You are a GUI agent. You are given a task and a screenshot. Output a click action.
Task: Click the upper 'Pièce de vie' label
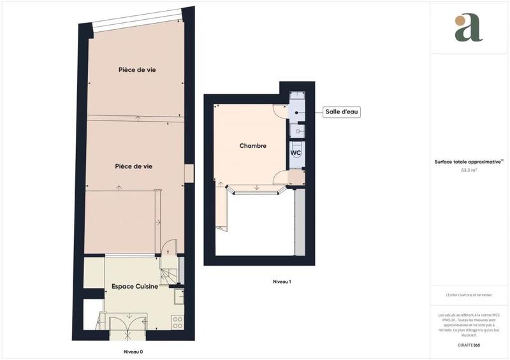click(x=137, y=70)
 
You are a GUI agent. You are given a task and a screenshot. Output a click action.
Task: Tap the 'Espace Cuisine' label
click(x=135, y=287)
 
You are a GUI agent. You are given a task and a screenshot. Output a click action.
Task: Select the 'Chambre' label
click(x=252, y=146)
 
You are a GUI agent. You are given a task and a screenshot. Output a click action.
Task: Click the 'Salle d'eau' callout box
click(x=342, y=112)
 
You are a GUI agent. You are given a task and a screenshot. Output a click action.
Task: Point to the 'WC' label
click(x=296, y=153)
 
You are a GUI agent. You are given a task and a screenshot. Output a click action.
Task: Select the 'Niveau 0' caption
click(x=133, y=352)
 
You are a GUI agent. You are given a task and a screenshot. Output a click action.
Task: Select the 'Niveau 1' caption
click(x=282, y=281)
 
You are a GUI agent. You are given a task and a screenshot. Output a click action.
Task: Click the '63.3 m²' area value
click(x=469, y=171)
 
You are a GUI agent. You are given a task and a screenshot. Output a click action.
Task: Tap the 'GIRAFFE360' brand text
click(x=469, y=344)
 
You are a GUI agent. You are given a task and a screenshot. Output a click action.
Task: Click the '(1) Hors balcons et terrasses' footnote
click(x=469, y=295)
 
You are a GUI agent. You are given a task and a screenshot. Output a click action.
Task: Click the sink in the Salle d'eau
click(x=297, y=131)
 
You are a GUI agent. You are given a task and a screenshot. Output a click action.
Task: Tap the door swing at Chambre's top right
click(x=280, y=110)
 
